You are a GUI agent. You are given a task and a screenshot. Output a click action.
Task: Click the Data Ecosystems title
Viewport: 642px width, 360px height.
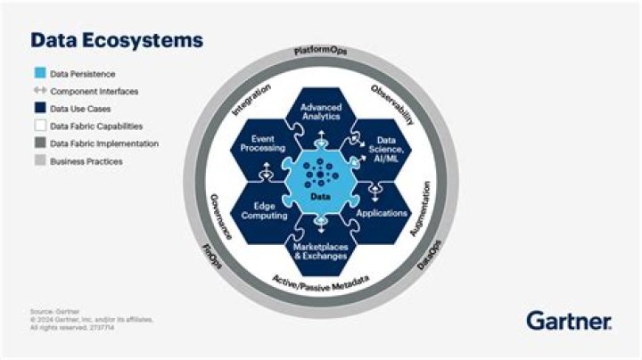(117, 41)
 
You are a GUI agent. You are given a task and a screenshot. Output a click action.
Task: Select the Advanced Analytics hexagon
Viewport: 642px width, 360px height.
(320, 112)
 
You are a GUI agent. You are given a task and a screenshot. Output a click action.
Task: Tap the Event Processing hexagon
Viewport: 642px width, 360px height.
(262, 143)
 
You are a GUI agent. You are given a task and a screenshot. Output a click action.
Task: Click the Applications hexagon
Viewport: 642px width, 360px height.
(382, 214)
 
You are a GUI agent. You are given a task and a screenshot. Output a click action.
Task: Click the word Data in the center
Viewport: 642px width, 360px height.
(320, 195)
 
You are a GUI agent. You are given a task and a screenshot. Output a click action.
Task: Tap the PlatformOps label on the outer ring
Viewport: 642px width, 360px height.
(321, 52)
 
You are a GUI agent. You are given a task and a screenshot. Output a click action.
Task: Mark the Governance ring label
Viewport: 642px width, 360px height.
(220, 215)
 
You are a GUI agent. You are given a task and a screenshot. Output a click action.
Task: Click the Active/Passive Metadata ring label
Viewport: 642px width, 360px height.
(320, 284)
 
